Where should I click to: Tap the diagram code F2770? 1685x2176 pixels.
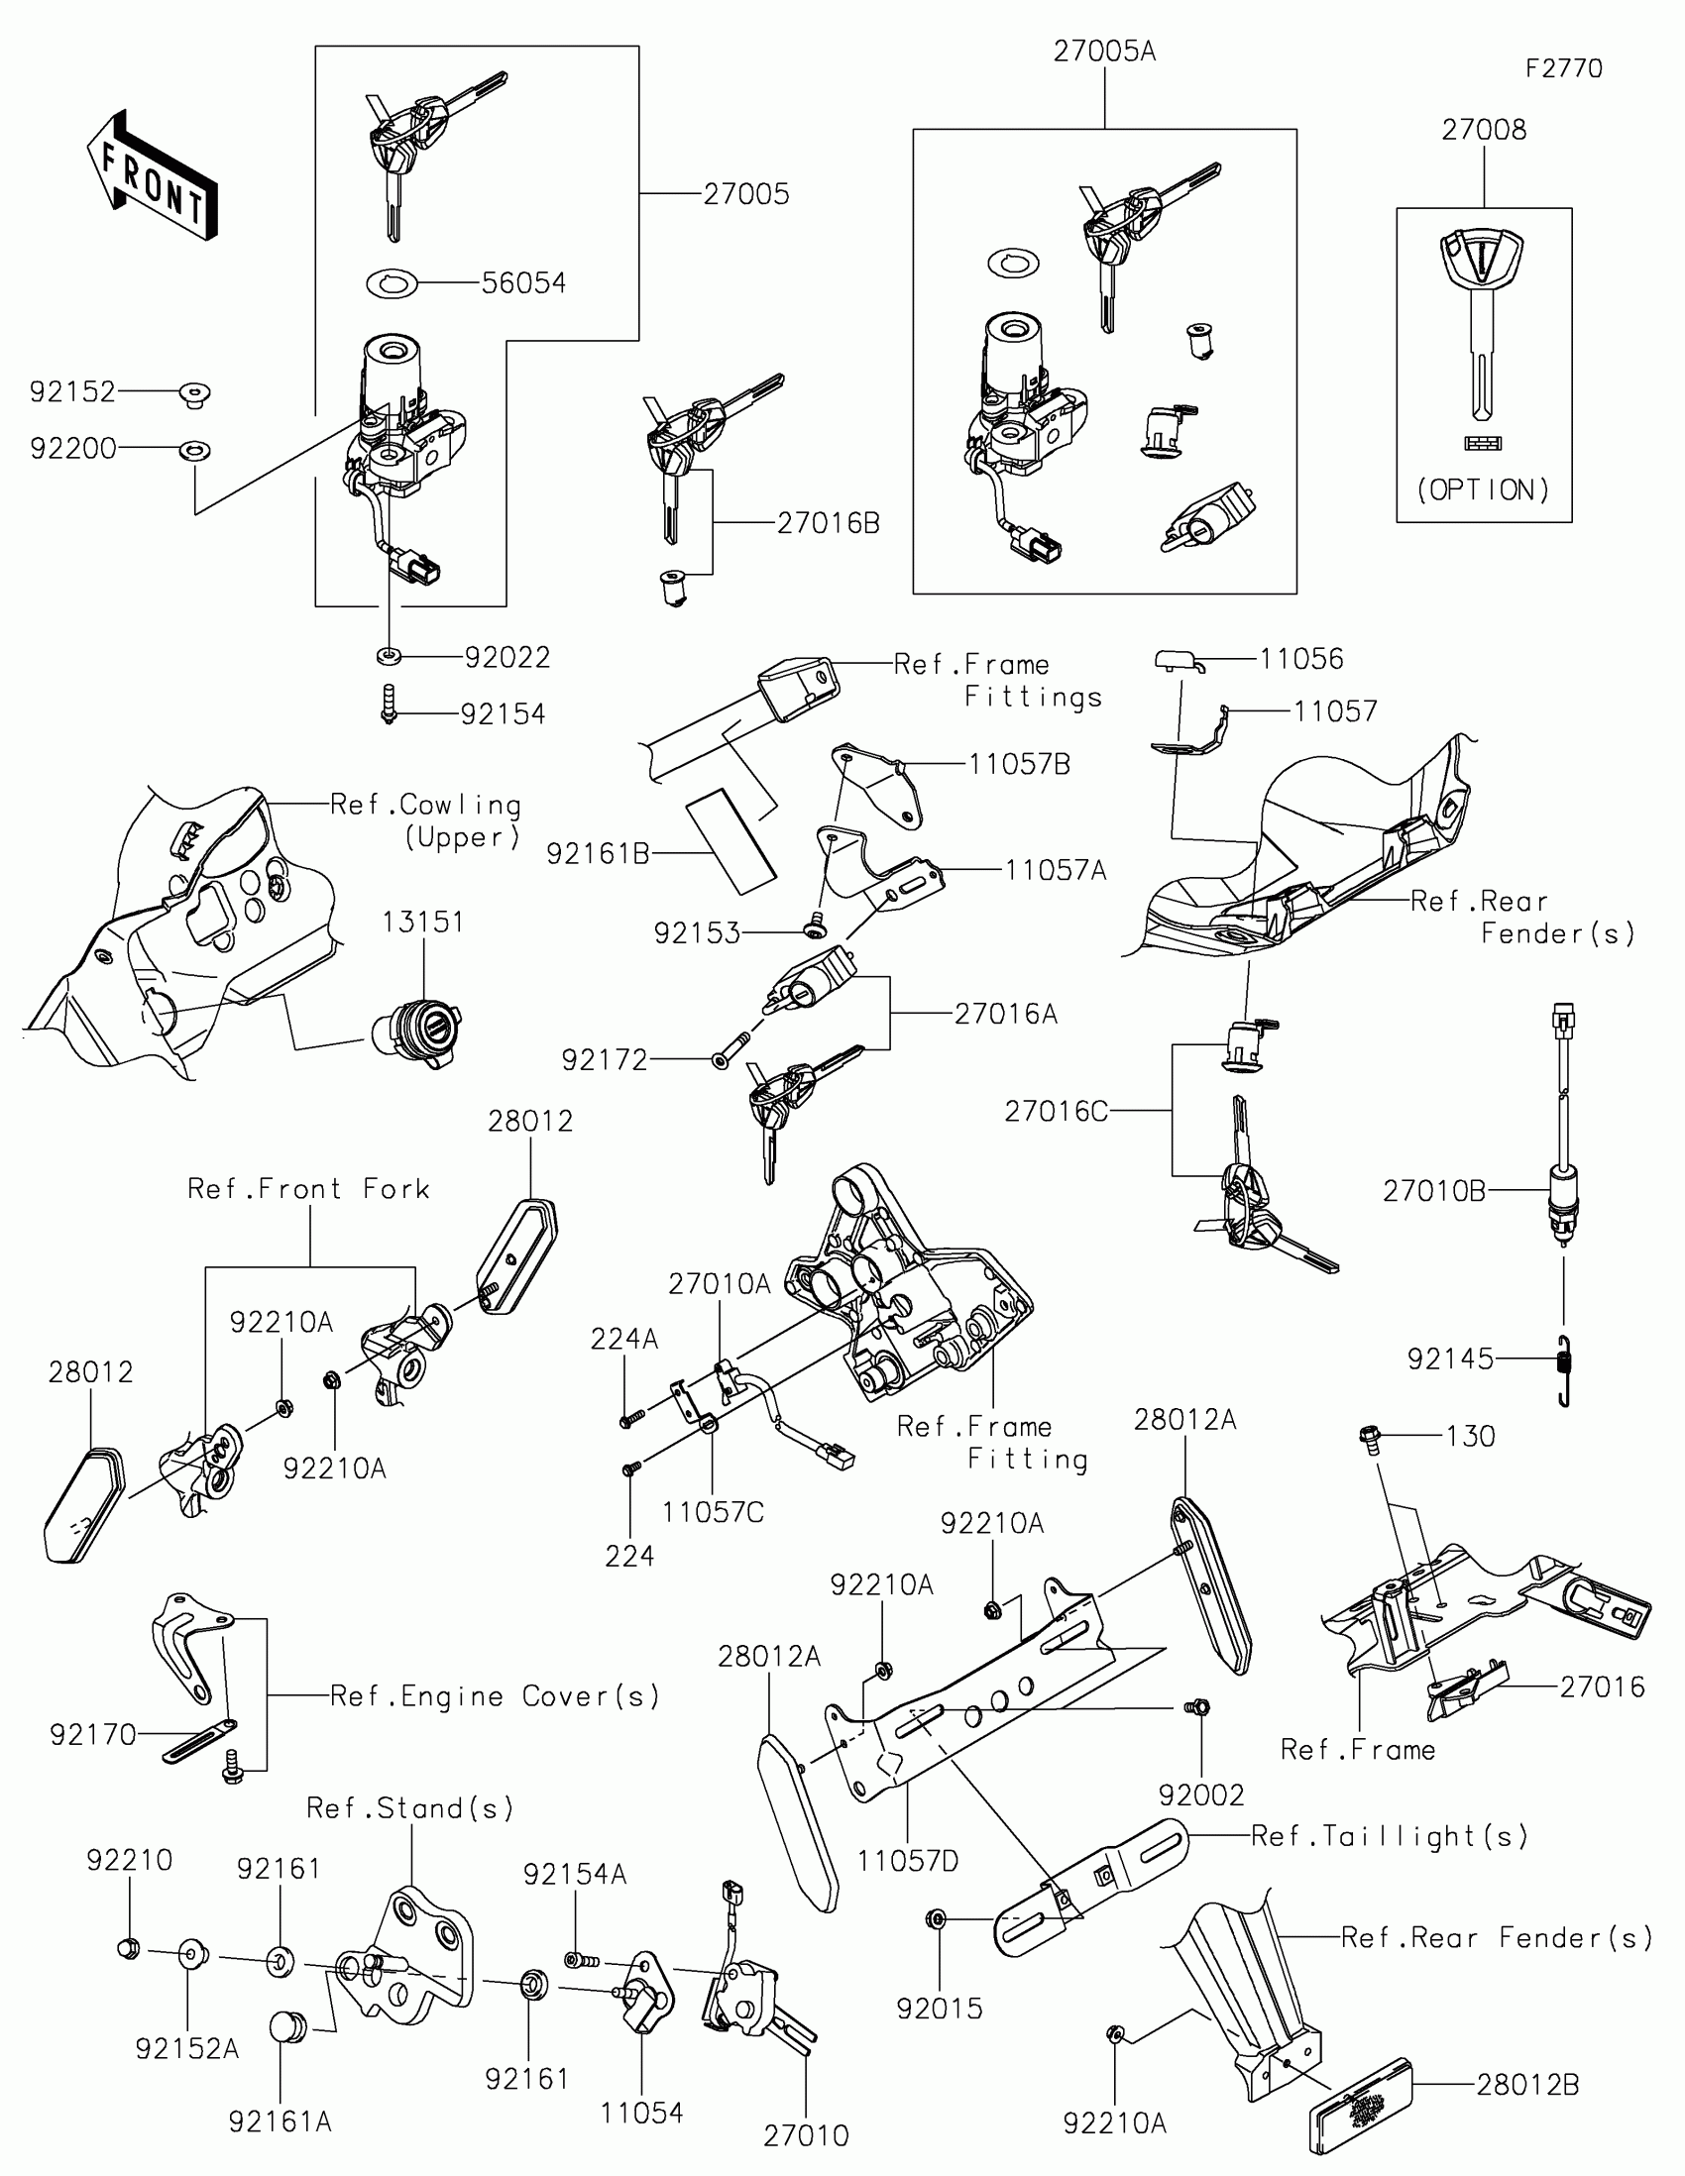[x=1563, y=68]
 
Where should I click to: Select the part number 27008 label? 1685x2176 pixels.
[x=1484, y=130]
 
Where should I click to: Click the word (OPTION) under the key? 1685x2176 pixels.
[x=1484, y=490]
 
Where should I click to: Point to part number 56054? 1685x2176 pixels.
[x=523, y=283]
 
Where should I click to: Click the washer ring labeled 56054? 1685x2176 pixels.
[x=392, y=283]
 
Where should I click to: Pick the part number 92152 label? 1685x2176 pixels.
[x=72, y=391]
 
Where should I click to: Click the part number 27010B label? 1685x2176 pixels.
[x=1433, y=1191]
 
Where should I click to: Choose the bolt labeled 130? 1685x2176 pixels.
[x=1369, y=1437]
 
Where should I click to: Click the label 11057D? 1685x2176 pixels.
[x=908, y=1860]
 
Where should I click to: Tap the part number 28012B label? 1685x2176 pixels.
[x=1527, y=2084]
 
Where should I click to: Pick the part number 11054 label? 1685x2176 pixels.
[x=641, y=2113]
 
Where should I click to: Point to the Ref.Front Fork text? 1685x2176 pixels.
[x=309, y=1189]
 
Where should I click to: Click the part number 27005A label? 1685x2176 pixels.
[x=1104, y=52]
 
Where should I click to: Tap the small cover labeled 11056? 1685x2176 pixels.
[x=1176, y=660]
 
